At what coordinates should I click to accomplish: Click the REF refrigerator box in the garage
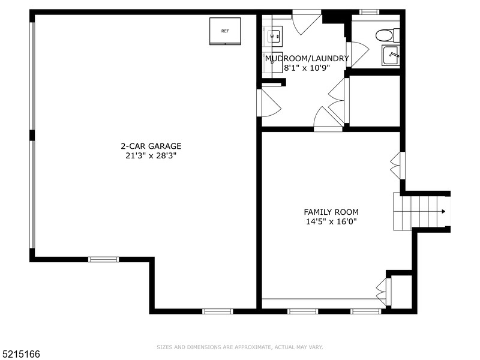(225, 31)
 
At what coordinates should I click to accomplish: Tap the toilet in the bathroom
(385, 35)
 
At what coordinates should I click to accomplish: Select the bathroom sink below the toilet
(391, 56)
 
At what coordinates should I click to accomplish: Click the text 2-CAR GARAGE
(151, 146)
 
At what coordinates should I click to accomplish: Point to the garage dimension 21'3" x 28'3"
(151, 155)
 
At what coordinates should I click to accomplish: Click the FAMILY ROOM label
(331, 212)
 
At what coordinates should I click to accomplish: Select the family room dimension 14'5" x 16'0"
(331, 221)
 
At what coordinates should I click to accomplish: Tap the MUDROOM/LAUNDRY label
(307, 58)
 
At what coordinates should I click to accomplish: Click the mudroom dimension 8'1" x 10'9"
(307, 68)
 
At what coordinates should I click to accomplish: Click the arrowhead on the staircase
(443, 211)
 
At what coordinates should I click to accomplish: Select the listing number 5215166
(20, 354)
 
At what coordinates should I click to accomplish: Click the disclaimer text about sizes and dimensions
(239, 347)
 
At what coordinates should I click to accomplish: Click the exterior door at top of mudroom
(307, 22)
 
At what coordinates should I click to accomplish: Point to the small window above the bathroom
(369, 11)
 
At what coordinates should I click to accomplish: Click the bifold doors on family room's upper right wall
(397, 165)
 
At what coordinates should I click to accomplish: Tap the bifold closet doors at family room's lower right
(382, 291)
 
